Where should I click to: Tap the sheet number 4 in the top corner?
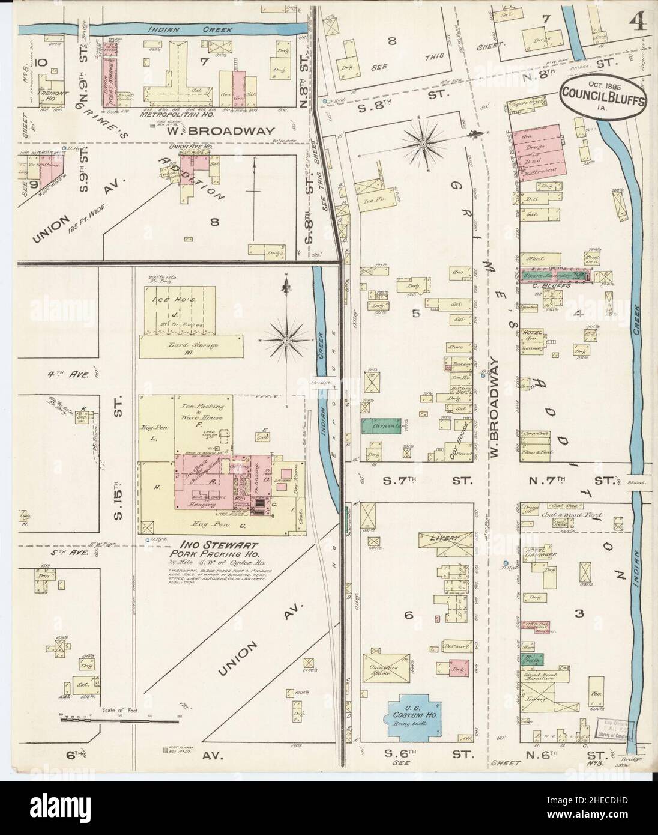point(638,22)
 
